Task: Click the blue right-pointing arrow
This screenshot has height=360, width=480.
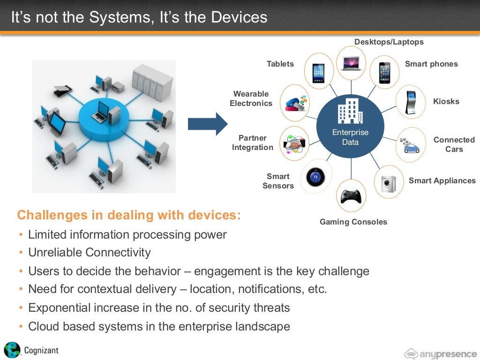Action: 207,124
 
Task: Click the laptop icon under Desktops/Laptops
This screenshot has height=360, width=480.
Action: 352,63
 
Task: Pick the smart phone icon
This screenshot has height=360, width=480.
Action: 384,73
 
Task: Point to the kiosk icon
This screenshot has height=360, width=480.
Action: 411,102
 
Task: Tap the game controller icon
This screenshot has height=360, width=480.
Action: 351,196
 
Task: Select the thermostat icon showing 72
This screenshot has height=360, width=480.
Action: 315,177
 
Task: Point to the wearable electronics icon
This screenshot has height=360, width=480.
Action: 294,103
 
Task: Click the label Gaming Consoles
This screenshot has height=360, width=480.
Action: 353,222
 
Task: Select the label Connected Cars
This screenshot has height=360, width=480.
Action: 454,144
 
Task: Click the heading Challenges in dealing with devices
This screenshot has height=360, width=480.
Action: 129,215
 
